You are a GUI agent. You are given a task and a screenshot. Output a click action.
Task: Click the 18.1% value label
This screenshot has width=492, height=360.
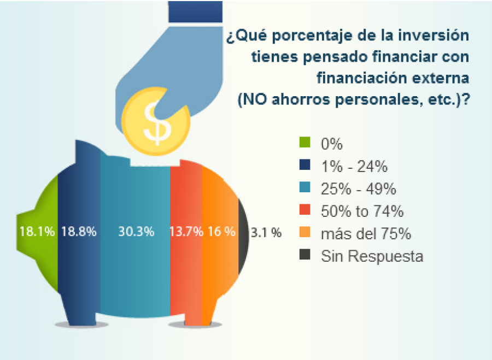click(37, 232)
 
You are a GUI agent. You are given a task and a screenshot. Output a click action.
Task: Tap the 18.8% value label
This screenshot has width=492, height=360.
click(79, 232)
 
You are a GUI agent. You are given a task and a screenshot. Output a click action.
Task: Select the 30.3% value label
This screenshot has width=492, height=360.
click(136, 232)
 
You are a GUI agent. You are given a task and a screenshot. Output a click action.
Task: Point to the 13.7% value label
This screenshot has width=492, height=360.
click(186, 232)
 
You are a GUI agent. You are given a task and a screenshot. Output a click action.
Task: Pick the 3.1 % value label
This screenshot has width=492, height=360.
click(266, 233)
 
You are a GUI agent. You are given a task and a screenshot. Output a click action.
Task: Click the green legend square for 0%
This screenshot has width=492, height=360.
click(305, 144)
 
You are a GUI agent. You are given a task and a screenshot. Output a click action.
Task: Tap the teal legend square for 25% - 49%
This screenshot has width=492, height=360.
click(305, 188)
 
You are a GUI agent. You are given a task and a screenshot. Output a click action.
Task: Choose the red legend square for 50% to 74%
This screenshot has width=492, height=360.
click(305, 211)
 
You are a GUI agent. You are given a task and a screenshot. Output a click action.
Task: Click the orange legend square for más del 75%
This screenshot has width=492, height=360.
click(305, 233)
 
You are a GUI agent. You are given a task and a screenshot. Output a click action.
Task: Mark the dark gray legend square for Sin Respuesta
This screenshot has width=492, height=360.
click(305, 255)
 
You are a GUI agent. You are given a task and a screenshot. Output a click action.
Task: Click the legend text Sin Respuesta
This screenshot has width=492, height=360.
click(372, 256)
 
